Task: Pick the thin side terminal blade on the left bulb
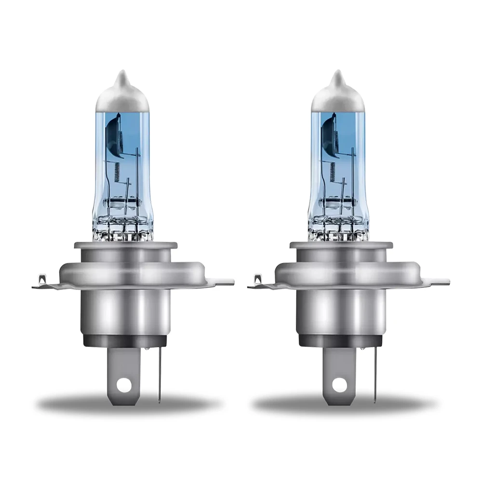[x=159, y=376]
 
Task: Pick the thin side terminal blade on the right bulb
[x=374, y=376]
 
